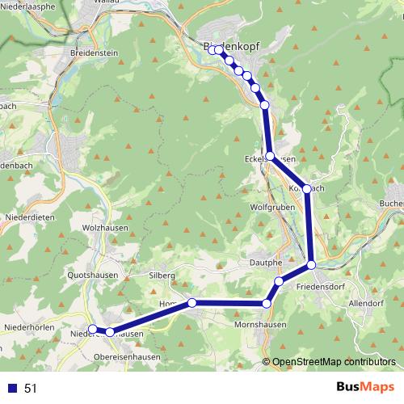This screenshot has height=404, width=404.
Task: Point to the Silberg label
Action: coord(161,276)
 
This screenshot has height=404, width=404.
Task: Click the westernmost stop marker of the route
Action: coord(92,329)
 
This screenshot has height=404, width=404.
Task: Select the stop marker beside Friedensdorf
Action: coord(311,265)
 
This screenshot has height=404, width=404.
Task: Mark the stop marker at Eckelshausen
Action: coord(270,156)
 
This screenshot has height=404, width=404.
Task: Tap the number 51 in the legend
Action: coord(31,389)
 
